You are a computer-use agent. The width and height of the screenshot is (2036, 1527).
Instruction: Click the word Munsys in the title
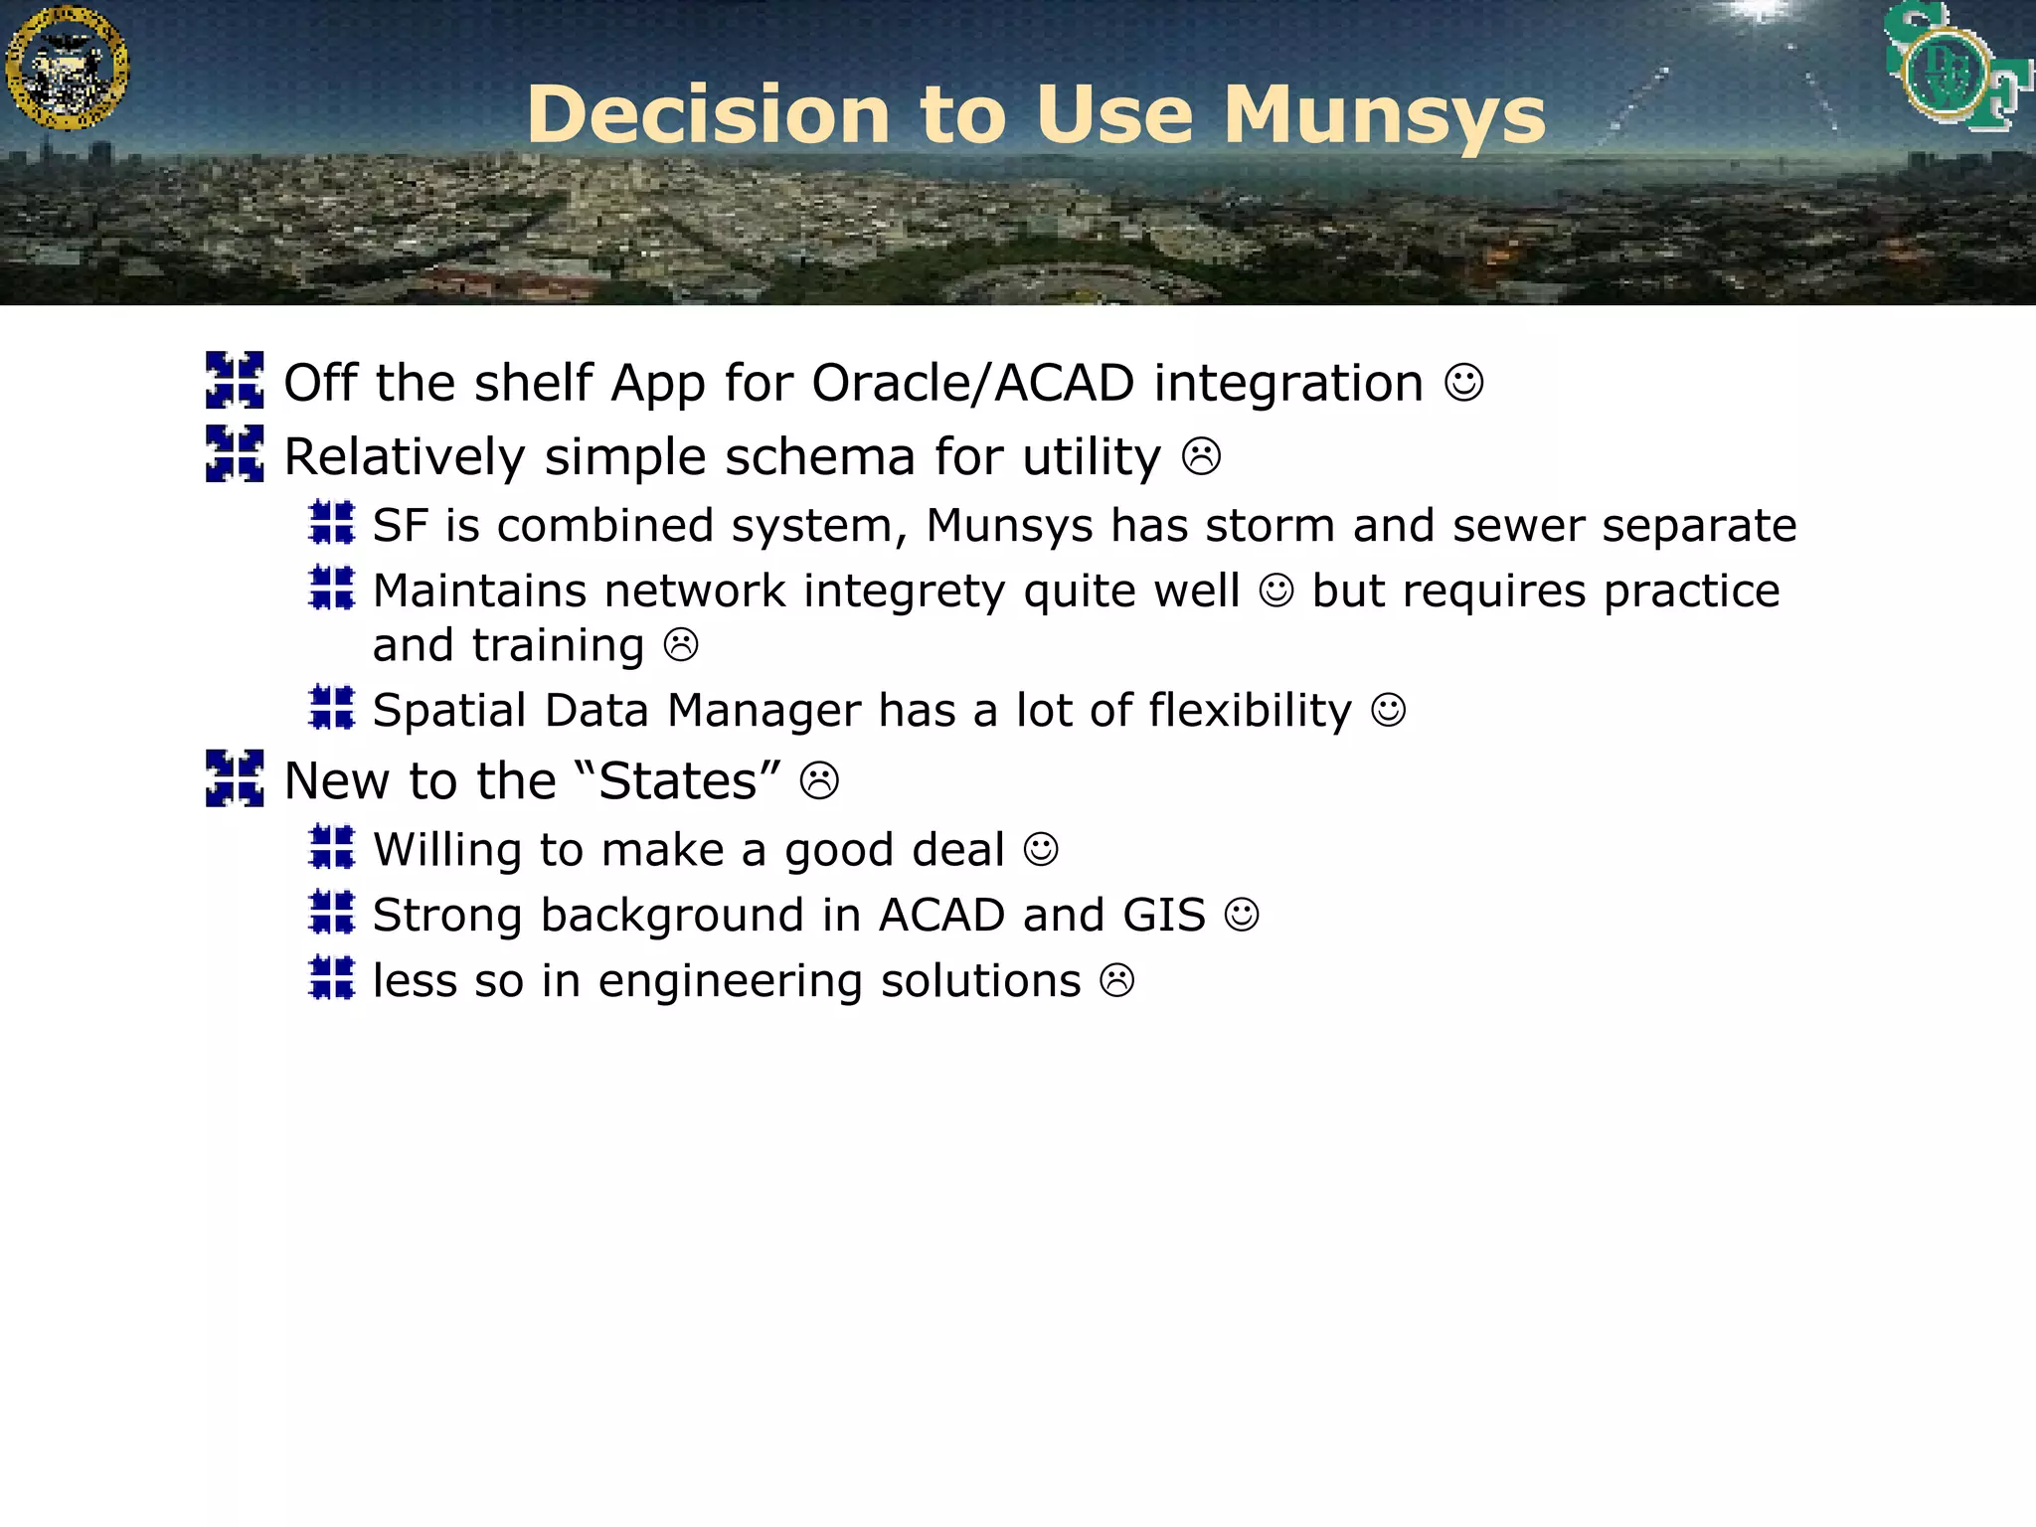tap(1384, 116)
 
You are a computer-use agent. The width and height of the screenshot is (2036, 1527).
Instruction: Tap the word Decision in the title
tap(708, 114)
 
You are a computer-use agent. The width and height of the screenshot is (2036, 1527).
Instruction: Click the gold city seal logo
tap(67, 67)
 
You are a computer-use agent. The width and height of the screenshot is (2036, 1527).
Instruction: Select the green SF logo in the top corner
tap(1954, 68)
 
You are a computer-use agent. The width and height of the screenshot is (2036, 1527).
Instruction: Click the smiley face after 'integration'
tap(1463, 383)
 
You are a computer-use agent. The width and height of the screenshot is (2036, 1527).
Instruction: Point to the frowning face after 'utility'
tap(1201, 457)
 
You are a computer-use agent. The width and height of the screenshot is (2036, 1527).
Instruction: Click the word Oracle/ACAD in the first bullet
tap(972, 384)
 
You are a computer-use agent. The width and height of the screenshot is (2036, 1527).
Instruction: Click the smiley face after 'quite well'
tap(1276, 592)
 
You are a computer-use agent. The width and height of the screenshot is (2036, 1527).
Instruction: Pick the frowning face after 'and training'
tap(681, 645)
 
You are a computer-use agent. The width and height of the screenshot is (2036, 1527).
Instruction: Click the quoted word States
tap(678, 781)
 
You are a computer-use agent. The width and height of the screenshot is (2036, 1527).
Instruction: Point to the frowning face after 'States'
tap(819, 781)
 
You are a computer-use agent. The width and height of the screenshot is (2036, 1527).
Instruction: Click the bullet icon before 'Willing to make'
tap(332, 848)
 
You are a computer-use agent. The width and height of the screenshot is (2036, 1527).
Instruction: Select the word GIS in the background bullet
tap(1163, 916)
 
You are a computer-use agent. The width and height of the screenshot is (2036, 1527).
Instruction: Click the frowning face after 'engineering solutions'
tap(1116, 981)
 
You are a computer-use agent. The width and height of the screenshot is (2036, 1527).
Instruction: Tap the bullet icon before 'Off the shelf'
tap(235, 380)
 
